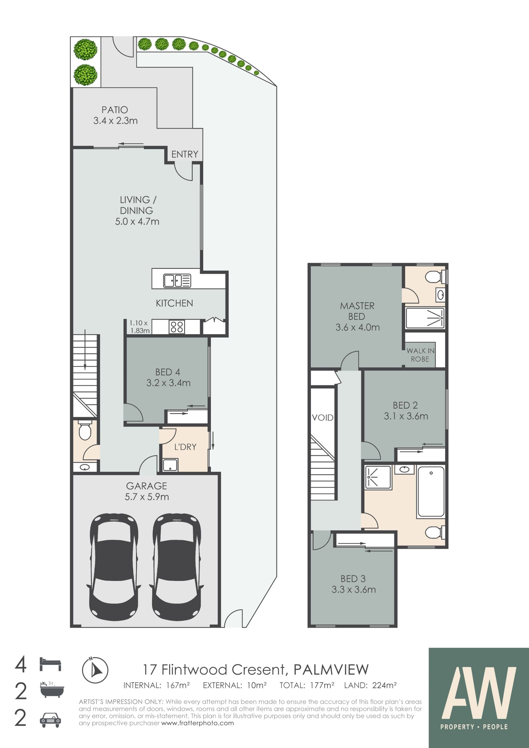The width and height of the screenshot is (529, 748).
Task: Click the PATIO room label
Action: point(115,110)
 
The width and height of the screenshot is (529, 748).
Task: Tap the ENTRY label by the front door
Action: point(185,154)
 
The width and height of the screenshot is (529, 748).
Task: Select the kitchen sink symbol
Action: point(177,280)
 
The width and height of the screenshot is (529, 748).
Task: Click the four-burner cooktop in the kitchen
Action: point(177,326)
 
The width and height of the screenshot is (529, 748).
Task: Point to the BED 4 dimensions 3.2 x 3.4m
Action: point(168,383)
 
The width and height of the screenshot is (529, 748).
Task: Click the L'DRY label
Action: point(185,447)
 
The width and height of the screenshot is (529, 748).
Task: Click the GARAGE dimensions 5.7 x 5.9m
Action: point(147,497)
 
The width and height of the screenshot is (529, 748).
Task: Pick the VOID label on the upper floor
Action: point(322,418)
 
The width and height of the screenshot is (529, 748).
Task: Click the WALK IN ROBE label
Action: point(420,355)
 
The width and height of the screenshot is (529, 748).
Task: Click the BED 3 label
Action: point(353,579)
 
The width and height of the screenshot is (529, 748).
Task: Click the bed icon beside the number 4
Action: point(50,664)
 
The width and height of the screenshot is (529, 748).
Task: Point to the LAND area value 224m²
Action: point(384,685)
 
